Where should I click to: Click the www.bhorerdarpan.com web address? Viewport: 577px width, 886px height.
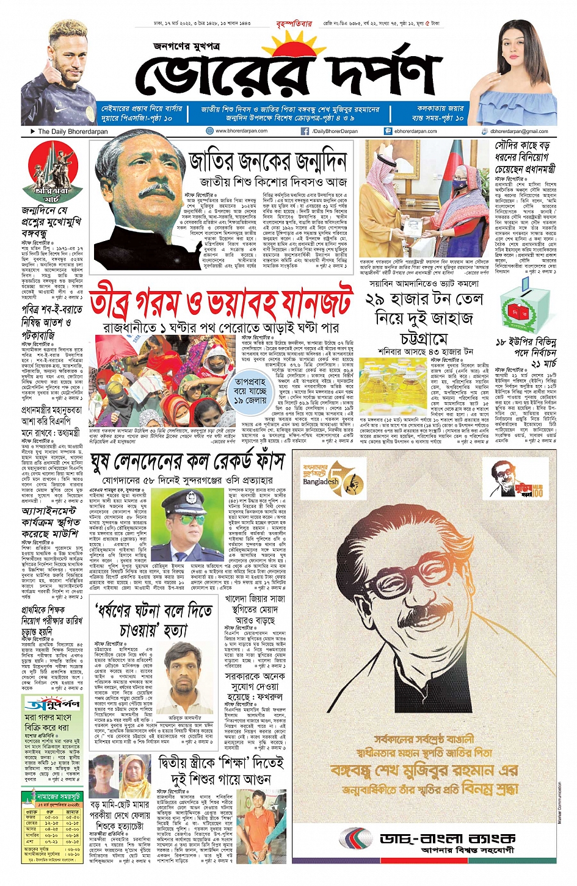pyautogui.click(x=241, y=131)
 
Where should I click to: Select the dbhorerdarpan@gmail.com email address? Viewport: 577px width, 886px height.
pyautogui.click(x=518, y=131)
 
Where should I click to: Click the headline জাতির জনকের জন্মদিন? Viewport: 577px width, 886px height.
pyautogui.click(x=267, y=160)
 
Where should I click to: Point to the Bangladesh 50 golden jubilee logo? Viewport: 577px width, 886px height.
pyautogui.click(x=330, y=481)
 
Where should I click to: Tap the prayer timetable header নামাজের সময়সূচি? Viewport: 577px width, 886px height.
pyautogui.click(x=59, y=797)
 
